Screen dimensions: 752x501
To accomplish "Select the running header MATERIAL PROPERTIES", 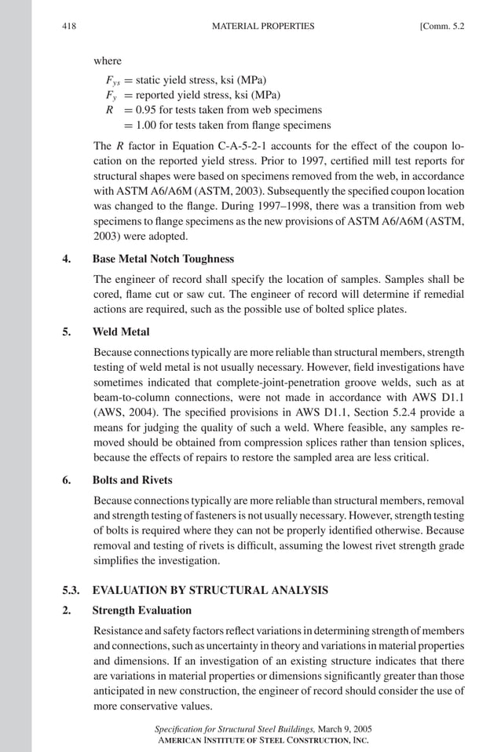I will point(263,26).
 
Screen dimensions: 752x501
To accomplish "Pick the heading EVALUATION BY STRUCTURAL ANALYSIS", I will point(207,589).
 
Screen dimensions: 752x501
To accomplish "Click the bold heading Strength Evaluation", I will point(142,611).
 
